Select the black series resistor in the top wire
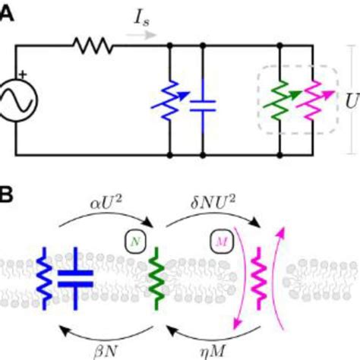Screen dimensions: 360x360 click(93, 46)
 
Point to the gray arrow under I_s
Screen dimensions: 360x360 click(147, 35)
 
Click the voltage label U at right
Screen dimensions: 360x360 click(352, 99)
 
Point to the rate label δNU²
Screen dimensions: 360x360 click(213, 202)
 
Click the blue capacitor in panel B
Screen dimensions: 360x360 click(76, 276)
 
